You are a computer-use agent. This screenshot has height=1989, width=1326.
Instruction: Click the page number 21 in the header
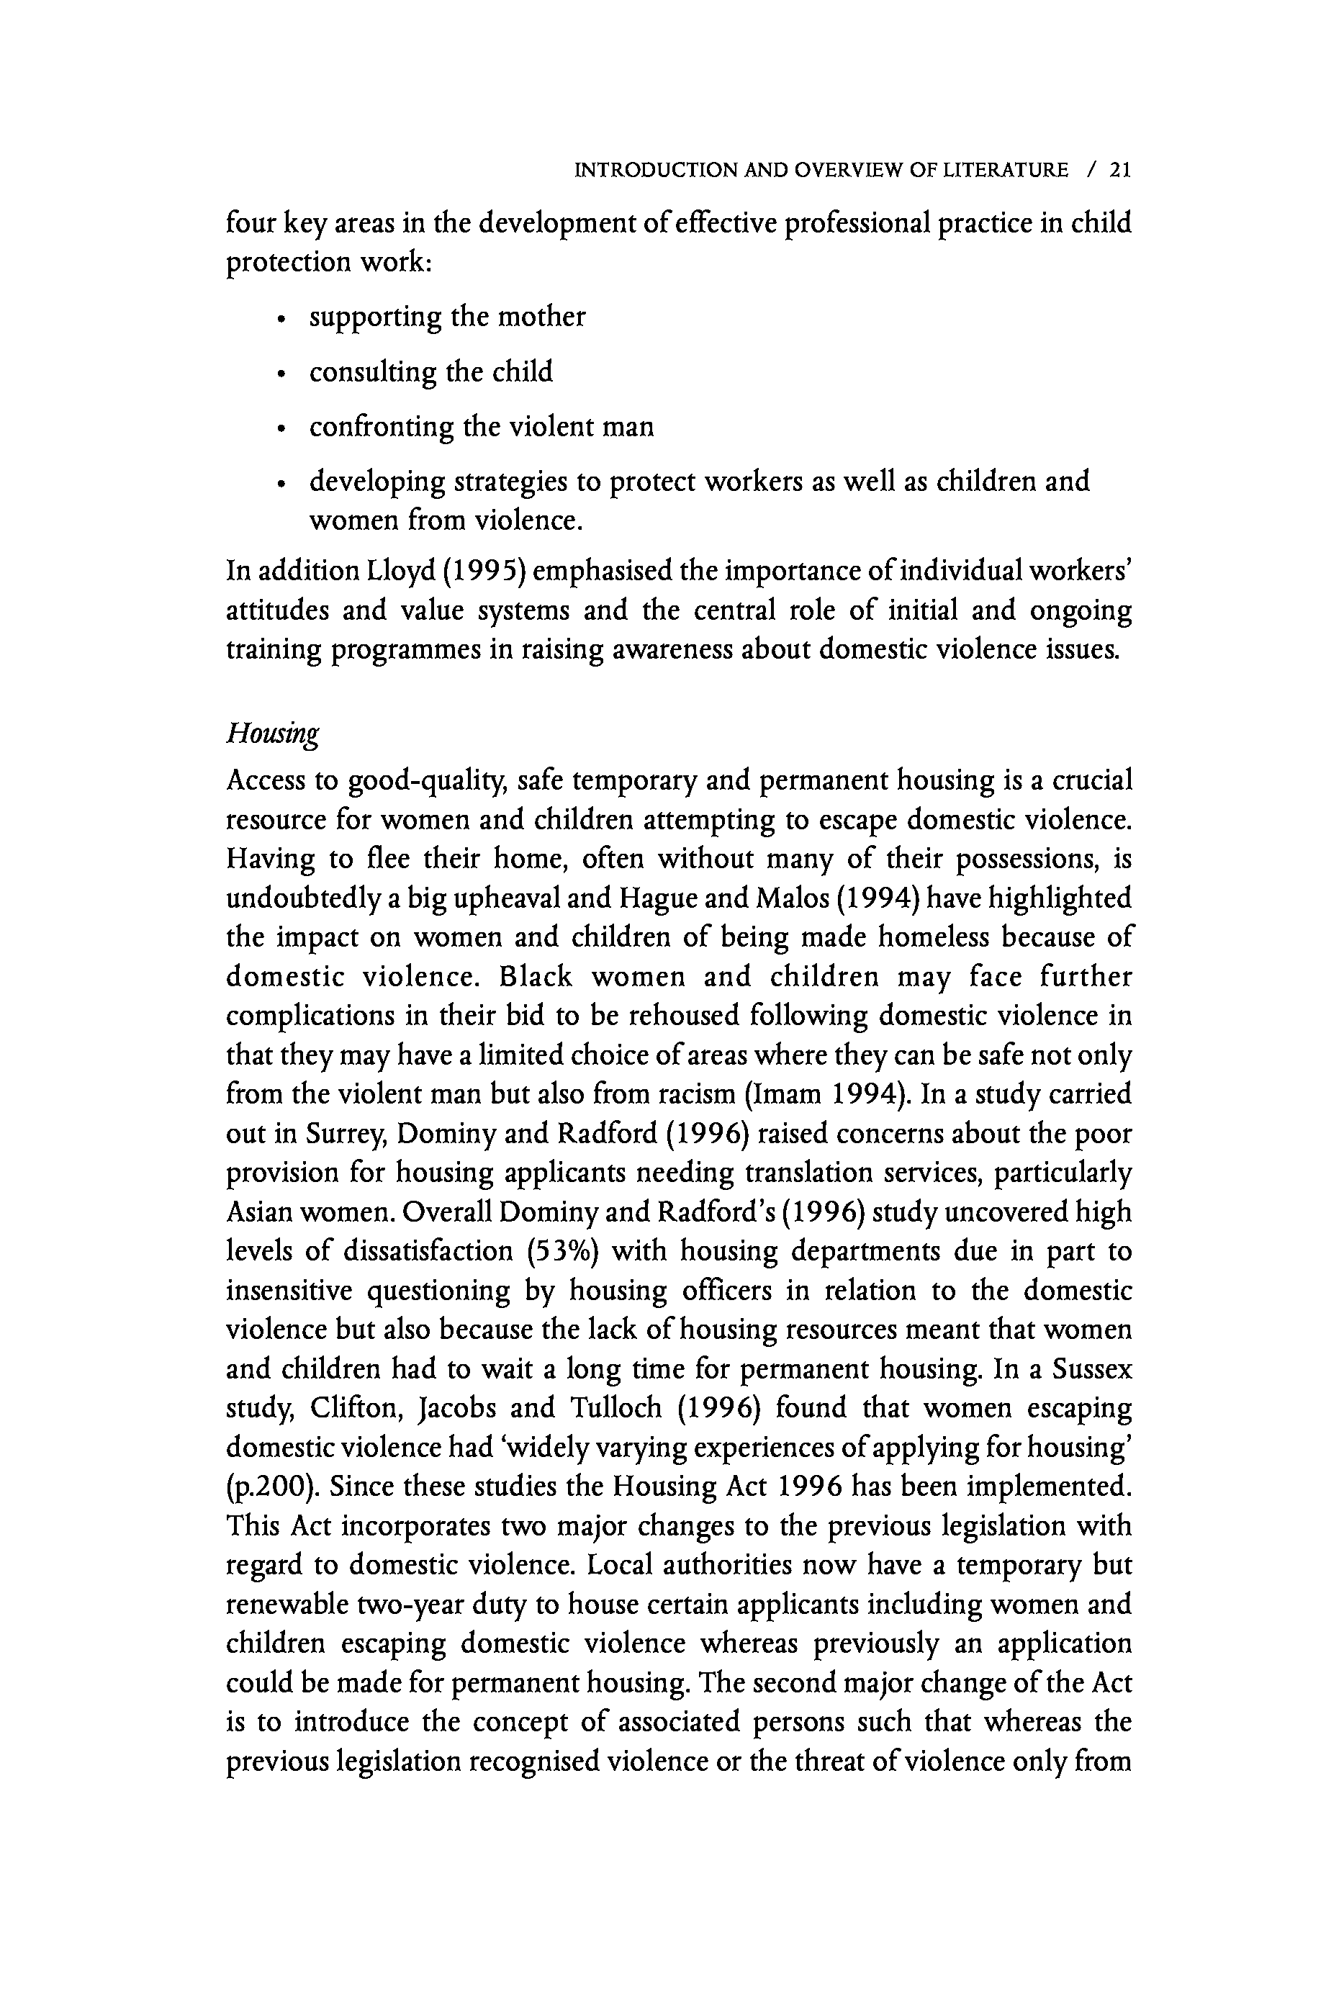click(1121, 170)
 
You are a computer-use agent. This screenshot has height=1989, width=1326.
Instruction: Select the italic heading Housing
click(272, 732)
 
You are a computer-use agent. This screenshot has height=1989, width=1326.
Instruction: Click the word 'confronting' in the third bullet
click(382, 427)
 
